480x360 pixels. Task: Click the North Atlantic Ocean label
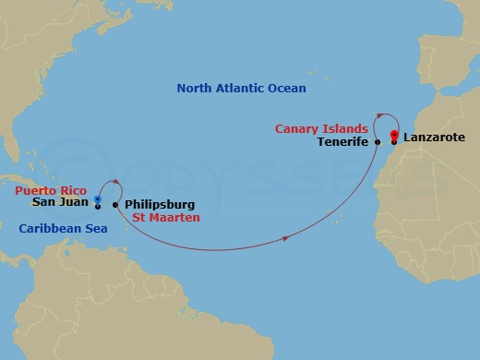241,89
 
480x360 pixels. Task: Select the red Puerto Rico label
50,190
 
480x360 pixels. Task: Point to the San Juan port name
61,203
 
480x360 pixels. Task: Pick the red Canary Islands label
320,128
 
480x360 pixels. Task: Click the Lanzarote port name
434,138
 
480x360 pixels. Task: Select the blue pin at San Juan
98,198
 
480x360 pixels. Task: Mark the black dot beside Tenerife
378,143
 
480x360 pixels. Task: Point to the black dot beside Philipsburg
115,204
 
